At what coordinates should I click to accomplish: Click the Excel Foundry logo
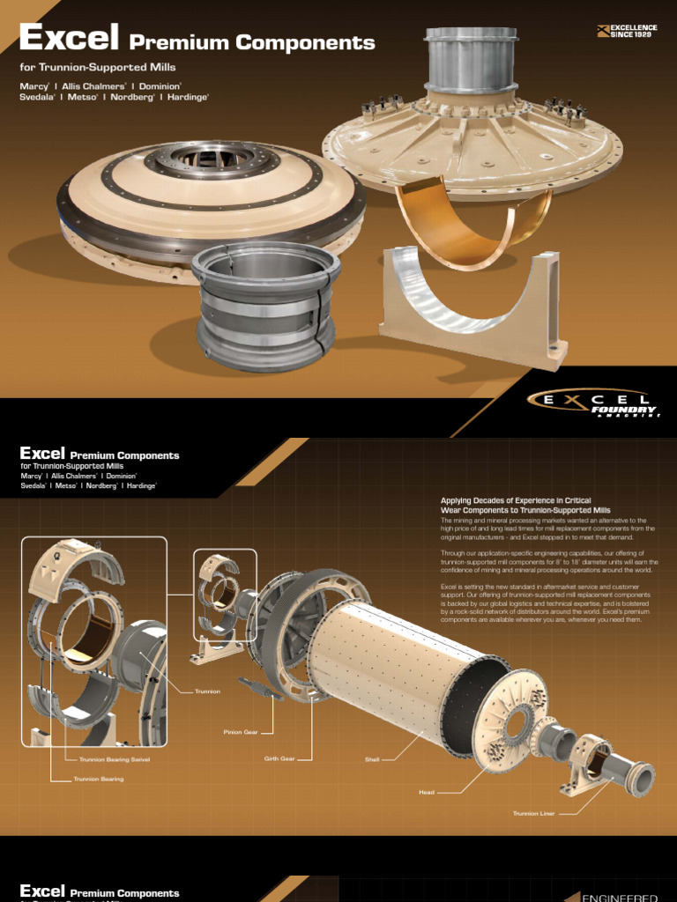pos(592,403)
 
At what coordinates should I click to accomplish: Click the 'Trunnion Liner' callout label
pos(533,813)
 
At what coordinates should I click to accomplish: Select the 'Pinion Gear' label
pos(240,731)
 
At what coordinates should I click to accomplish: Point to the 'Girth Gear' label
pos(279,758)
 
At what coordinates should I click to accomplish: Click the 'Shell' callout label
pos(372,758)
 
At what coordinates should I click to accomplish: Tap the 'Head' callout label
pos(427,792)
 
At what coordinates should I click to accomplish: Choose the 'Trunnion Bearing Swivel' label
pos(115,758)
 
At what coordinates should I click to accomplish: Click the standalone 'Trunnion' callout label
pos(206,691)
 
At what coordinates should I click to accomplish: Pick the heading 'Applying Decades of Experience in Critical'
pos(516,500)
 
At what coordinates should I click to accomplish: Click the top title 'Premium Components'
pos(252,42)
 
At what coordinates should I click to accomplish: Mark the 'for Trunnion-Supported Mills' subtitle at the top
pos(98,67)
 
